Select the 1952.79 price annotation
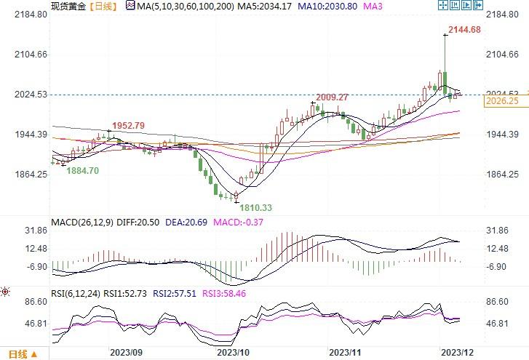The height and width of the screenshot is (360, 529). pyautogui.click(x=127, y=126)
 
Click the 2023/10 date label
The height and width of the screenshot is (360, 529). pyautogui.click(x=233, y=351)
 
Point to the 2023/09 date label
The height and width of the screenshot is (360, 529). pyautogui.click(x=125, y=351)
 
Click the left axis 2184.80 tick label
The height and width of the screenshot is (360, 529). pyautogui.click(x=28, y=15)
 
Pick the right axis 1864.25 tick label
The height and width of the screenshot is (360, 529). pyautogui.click(x=501, y=175)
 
